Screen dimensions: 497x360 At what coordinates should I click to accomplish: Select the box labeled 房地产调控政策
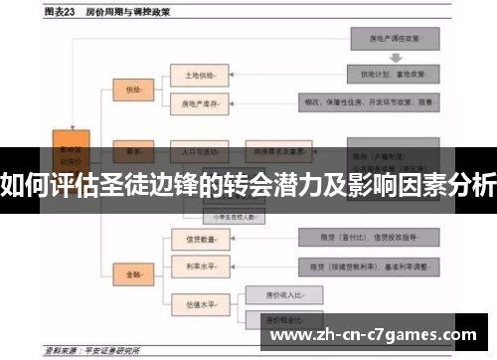393,38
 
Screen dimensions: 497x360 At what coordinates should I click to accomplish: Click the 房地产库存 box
200,101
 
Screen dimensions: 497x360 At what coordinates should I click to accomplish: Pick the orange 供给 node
132,90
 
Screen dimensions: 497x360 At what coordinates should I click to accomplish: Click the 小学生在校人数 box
231,215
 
